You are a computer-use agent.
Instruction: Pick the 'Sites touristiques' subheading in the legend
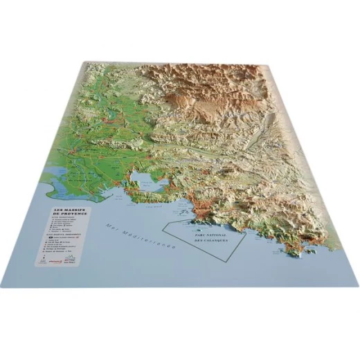coord(62,221)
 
